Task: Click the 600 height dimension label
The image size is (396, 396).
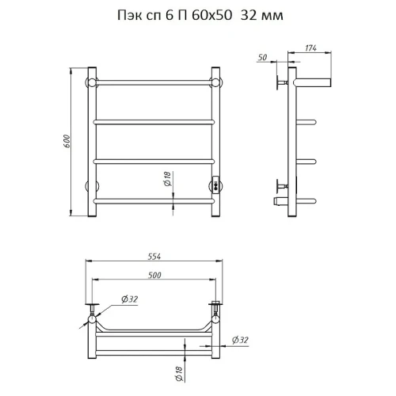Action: tap(67, 141)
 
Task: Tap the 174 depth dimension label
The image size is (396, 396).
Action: tap(310, 48)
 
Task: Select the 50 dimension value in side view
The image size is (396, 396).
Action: tap(262, 57)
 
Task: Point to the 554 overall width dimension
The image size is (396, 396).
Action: tap(154, 257)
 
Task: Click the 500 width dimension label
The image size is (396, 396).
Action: tap(154, 275)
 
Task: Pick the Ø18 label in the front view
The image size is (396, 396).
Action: tap(168, 178)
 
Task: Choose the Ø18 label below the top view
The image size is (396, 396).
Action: tap(179, 374)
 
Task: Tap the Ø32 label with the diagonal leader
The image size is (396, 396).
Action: tap(130, 299)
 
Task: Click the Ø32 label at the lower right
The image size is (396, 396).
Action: tap(240, 340)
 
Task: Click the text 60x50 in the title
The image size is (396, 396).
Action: tap(211, 15)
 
